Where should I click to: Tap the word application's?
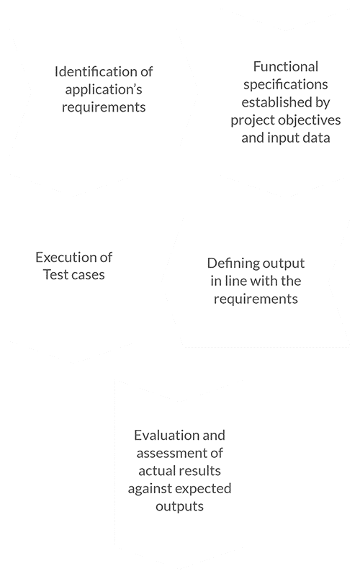click(104, 90)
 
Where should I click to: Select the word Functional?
click(286, 67)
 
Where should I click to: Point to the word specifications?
click(286, 85)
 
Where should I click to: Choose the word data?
click(316, 138)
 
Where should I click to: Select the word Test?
click(55, 275)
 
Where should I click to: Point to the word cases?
click(87, 275)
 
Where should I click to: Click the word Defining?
click(229, 264)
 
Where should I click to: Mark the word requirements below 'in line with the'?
click(256, 300)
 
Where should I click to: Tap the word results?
click(197, 471)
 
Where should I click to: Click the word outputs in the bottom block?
click(179, 507)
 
